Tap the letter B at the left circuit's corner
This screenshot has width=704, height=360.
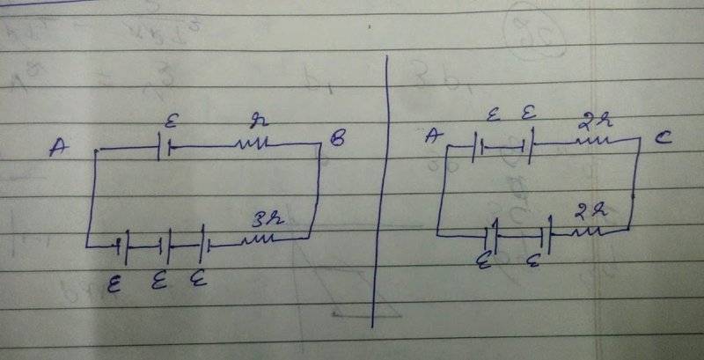pos(337,138)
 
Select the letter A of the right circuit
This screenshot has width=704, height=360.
pos(432,135)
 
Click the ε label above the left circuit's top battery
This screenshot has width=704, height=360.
pos(169,116)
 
